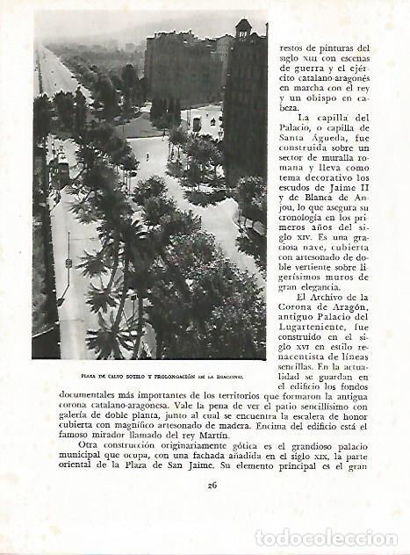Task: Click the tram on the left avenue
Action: click(63, 169)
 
